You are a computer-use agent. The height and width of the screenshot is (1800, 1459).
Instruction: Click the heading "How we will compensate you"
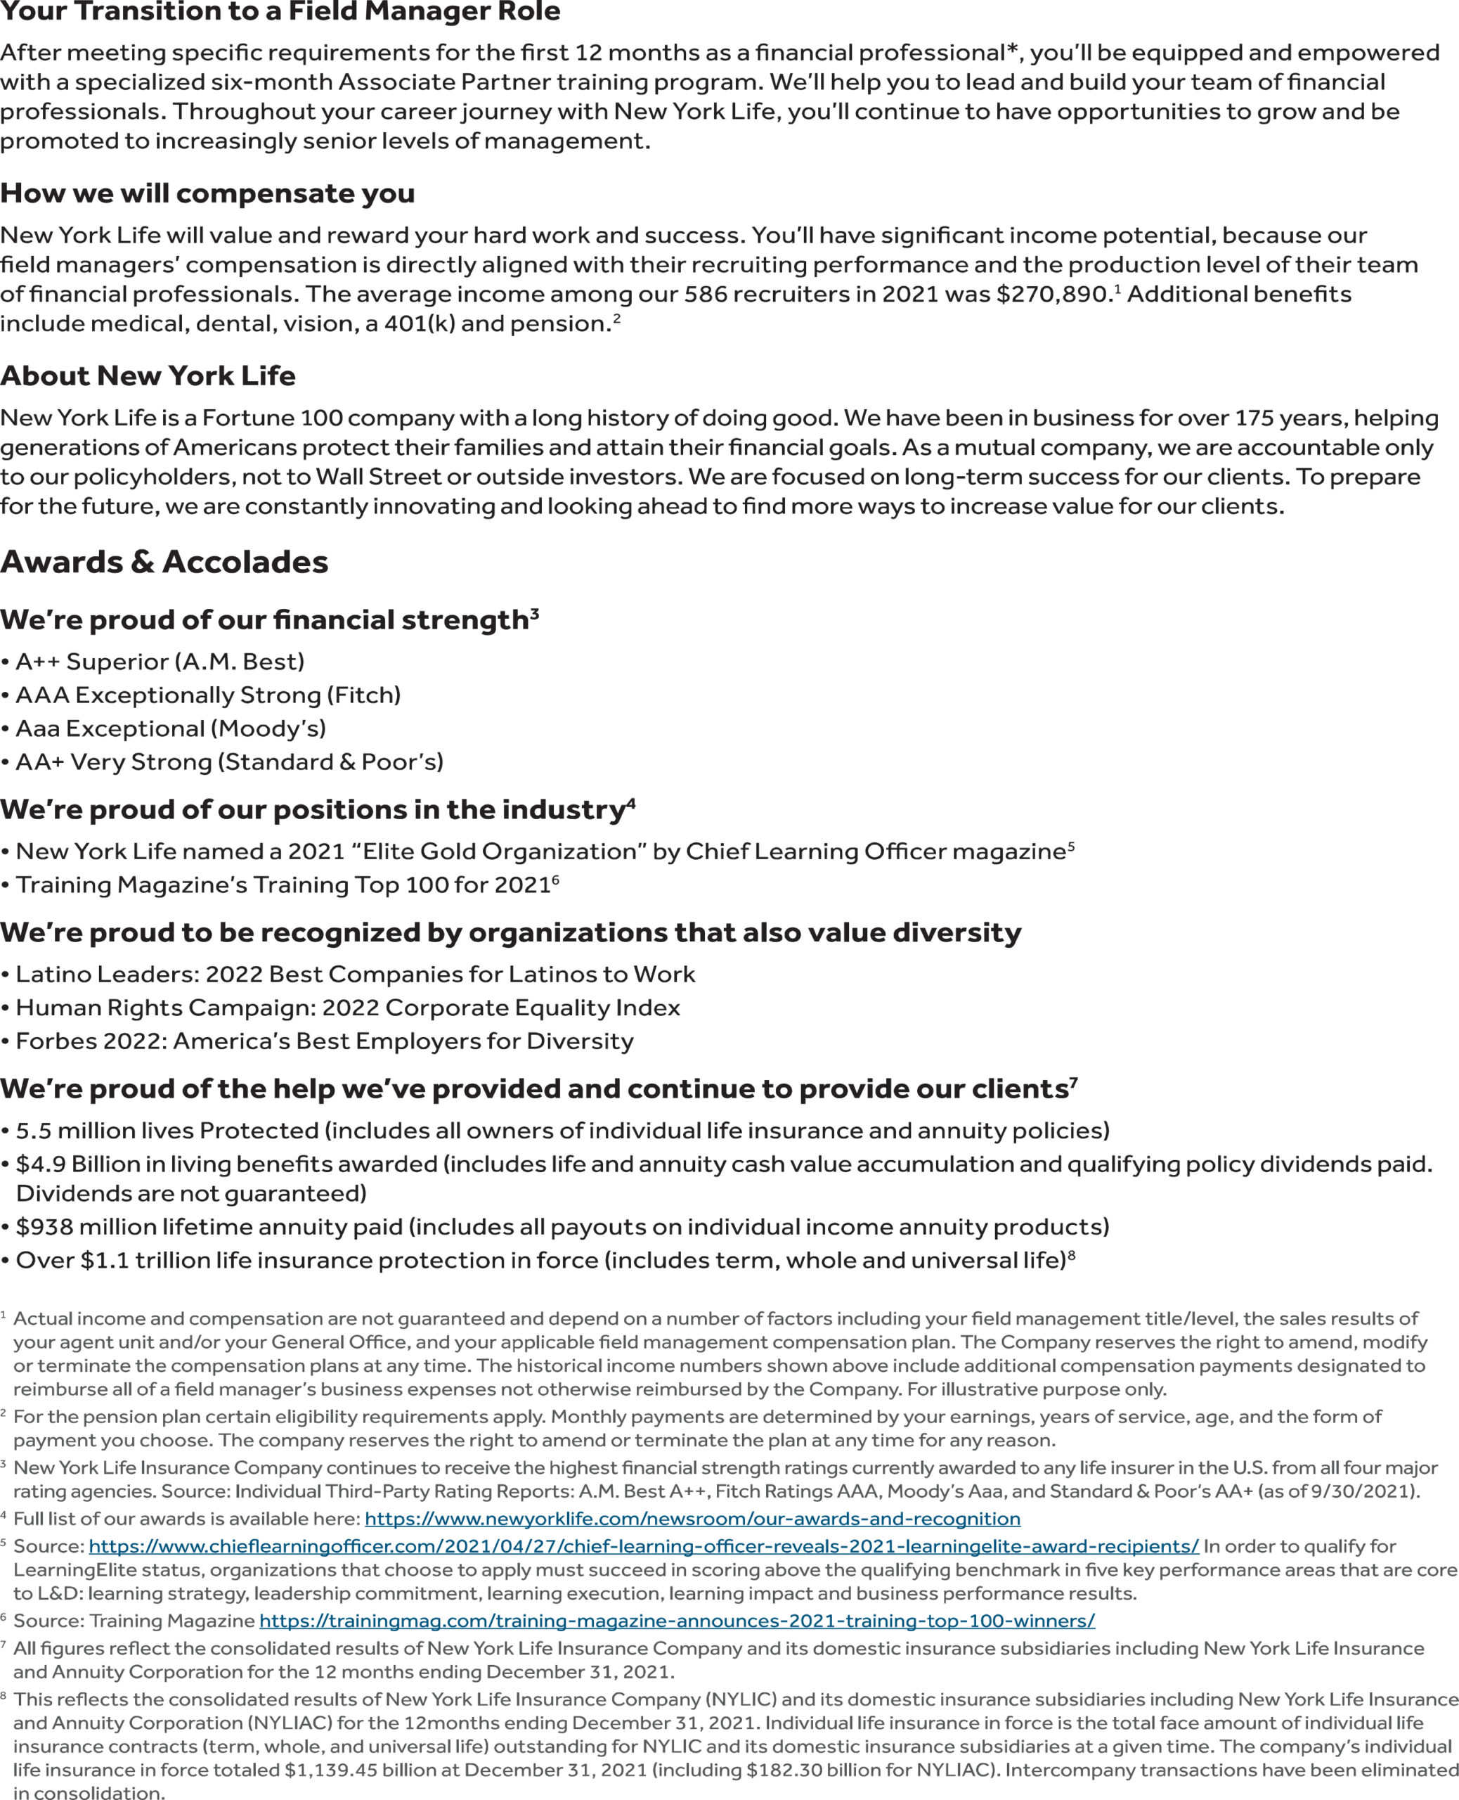click(207, 193)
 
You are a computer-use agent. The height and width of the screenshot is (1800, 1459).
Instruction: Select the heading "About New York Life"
click(148, 375)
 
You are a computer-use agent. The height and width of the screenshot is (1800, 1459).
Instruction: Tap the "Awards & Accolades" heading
click(164, 562)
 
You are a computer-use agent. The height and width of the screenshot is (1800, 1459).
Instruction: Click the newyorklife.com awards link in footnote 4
click(692, 1518)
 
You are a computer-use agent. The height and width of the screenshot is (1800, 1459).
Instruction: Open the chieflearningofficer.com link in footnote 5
click(644, 1546)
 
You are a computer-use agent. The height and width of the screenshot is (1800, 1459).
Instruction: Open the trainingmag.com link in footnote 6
click(677, 1621)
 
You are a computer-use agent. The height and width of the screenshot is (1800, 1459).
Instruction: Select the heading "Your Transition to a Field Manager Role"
click(280, 12)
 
